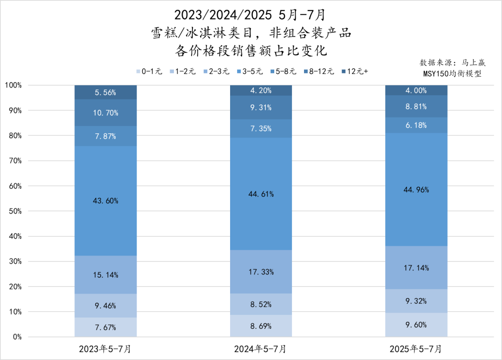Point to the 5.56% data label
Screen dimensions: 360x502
tap(106, 92)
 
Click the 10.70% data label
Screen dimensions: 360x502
tap(106, 113)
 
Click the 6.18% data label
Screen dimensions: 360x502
tap(416, 125)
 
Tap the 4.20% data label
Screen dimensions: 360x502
tap(261, 91)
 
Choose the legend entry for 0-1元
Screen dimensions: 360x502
tap(149, 72)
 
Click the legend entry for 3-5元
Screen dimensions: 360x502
tap(251, 72)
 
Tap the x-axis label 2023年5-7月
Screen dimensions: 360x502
tap(106, 348)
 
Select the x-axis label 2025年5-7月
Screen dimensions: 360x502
tap(416, 348)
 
